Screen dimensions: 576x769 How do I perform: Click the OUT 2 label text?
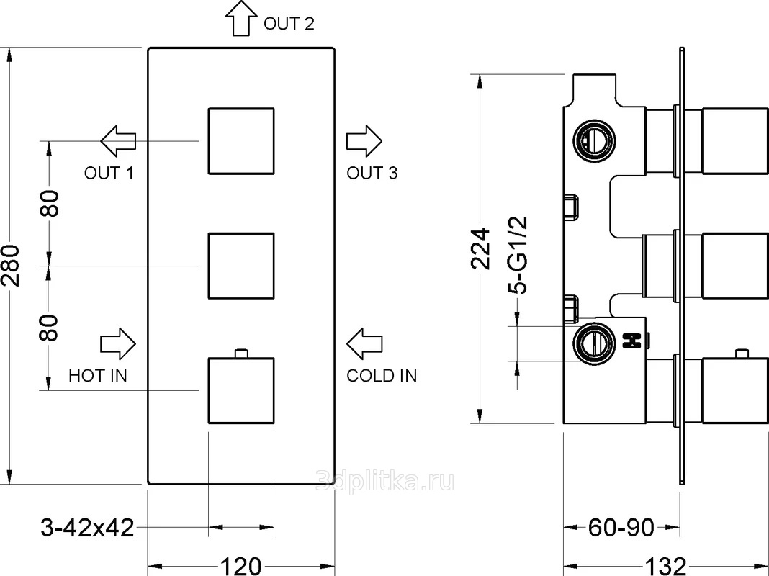289,24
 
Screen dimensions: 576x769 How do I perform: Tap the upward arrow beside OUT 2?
240,17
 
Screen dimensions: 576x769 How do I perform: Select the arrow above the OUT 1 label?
119,140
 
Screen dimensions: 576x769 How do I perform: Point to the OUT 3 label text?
372,173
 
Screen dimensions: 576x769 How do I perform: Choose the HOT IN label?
97,375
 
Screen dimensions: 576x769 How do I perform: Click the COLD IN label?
382,375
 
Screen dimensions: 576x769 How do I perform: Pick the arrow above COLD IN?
364,344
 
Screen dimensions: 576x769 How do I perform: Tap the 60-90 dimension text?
621,528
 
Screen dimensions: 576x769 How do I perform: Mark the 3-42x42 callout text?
86,528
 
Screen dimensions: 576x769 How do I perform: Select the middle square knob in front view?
241,265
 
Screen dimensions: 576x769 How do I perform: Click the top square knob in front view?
241,140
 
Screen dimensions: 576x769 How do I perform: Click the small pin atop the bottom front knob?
241,353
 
